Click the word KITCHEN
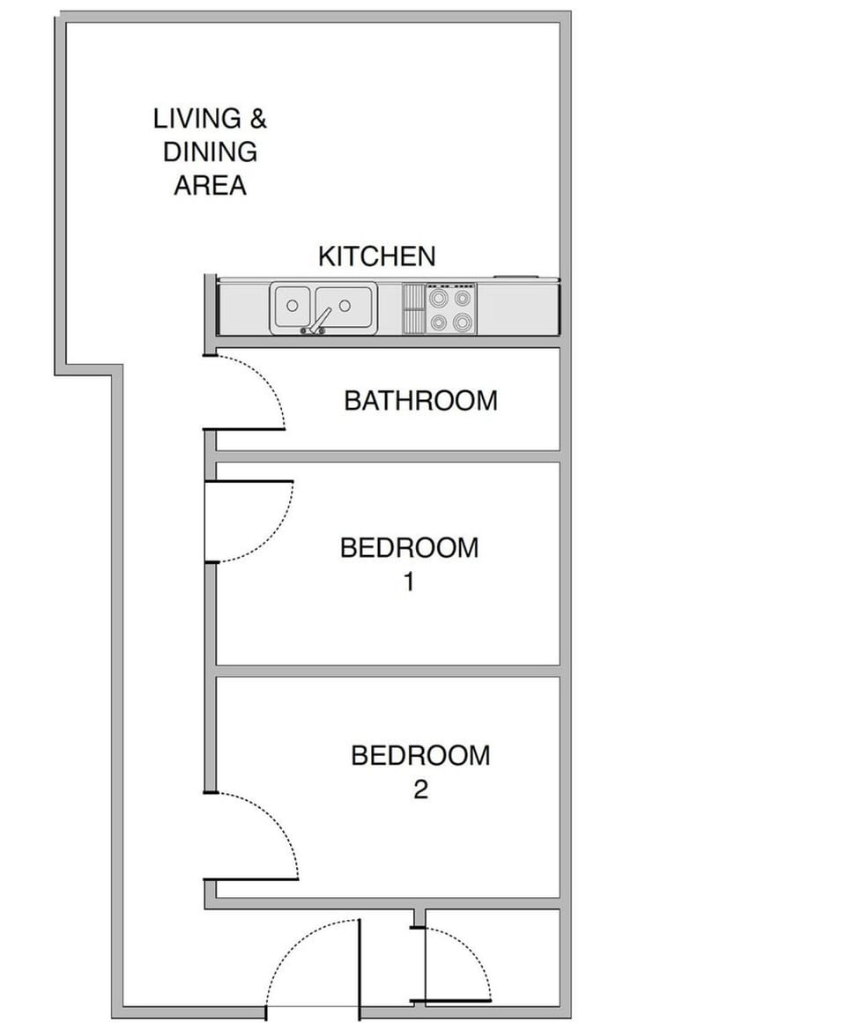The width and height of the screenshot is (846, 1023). coord(376,256)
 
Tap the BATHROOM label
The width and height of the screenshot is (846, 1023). coord(420,401)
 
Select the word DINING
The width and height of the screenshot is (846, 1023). coord(210,152)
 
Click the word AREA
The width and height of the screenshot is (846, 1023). coord(210,186)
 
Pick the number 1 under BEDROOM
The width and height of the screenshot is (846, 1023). coord(408,582)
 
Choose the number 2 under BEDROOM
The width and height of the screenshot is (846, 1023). coord(420,789)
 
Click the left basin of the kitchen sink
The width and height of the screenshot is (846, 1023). coord(292,306)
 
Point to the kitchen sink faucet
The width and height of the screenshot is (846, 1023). coord(318,321)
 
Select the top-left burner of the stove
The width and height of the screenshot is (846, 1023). coord(439,298)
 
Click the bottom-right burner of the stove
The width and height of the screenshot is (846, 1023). coord(463,322)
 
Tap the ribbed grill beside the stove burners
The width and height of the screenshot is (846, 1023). coord(413,308)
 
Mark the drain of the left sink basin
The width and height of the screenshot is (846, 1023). coord(292,306)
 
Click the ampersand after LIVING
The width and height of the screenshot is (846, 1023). coord(258,118)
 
